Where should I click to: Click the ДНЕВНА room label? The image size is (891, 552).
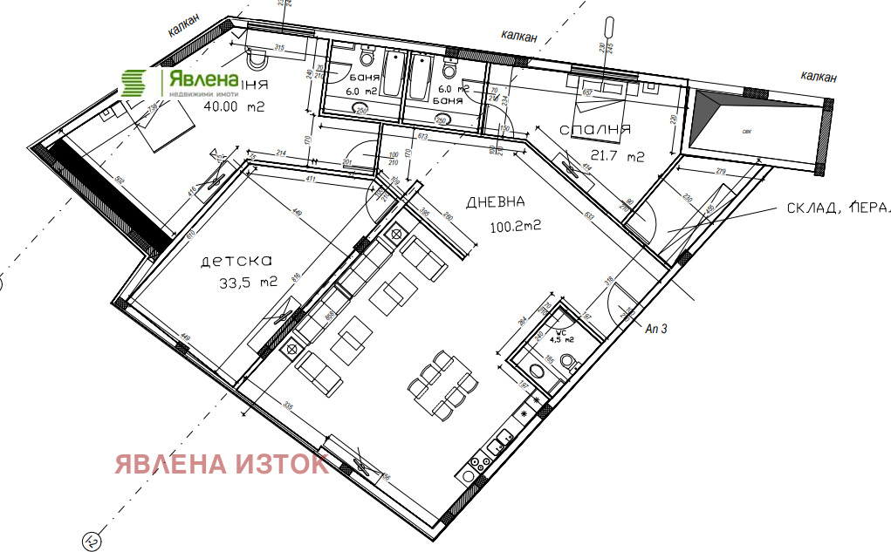(496, 202)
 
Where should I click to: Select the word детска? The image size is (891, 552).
(237, 261)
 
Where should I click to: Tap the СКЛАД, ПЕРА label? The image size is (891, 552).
(833, 208)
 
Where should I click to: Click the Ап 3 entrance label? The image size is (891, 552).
(657, 329)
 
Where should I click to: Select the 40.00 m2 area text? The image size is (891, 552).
(233, 107)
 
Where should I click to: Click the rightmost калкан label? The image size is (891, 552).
(819, 78)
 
